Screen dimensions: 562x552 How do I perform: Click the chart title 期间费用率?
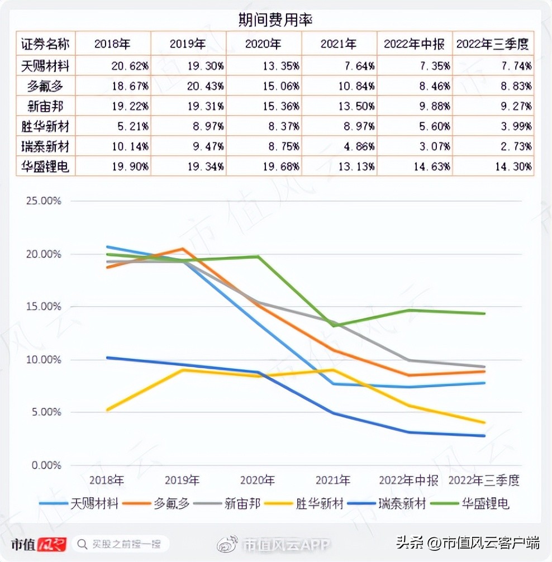[275, 20]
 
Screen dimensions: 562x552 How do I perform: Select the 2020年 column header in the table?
[263, 44]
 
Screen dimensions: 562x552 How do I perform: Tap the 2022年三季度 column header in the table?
[492, 44]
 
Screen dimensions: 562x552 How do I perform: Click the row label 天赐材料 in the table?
[45, 66]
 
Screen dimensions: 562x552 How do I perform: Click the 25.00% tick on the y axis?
[43, 201]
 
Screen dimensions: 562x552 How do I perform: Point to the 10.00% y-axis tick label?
[43, 360]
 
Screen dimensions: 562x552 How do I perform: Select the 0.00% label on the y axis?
[45, 465]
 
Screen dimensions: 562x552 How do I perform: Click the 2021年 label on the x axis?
[332, 480]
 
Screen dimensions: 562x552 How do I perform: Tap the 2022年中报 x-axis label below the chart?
[408, 480]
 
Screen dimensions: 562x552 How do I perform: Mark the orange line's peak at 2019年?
[183, 249]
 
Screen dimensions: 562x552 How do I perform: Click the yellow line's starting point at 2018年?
[107, 410]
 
